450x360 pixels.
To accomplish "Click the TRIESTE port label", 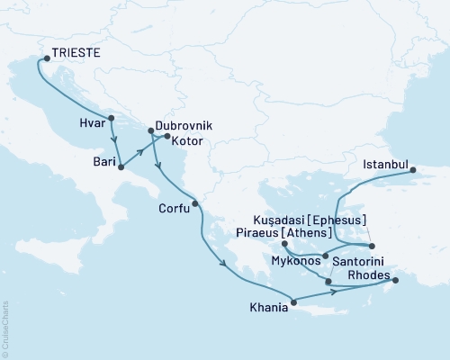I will click(x=76, y=54).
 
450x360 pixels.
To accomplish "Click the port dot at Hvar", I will click(x=111, y=118).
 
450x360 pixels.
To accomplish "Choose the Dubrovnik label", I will click(x=184, y=128).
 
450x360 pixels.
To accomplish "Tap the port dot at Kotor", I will click(x=167, y=136).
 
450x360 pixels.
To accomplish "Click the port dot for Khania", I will click(x=292, y=301).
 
